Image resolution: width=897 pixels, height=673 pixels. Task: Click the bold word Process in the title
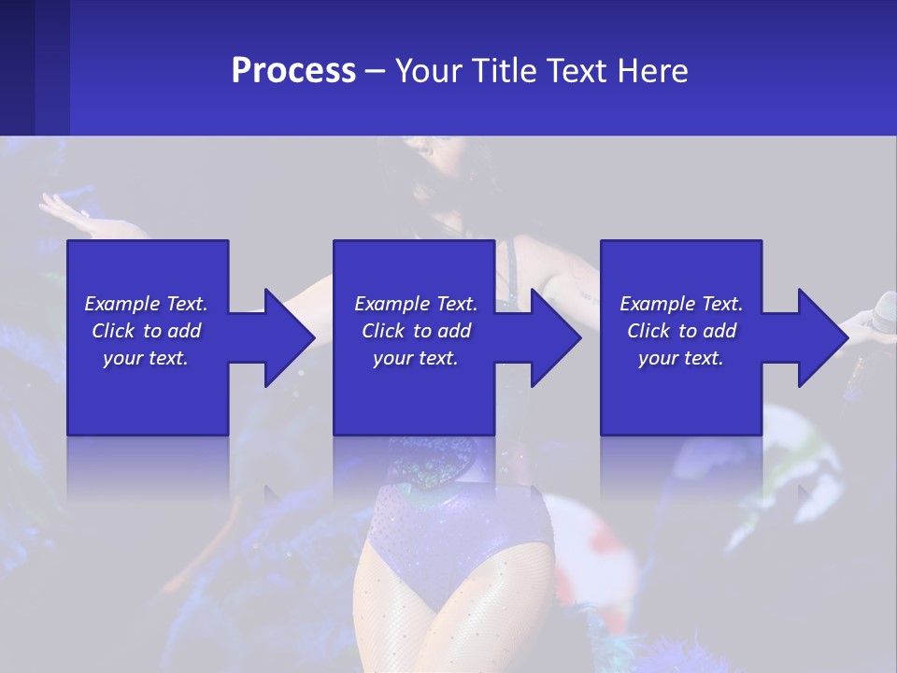point(293,70)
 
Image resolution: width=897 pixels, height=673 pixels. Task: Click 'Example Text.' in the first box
point(146,304)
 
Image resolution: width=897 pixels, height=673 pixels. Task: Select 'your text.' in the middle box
point(415,358)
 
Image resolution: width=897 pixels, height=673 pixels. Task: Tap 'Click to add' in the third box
point(681,331)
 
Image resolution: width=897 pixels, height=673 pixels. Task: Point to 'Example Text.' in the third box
point(681,304)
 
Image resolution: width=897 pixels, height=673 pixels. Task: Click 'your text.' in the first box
point(146,358)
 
